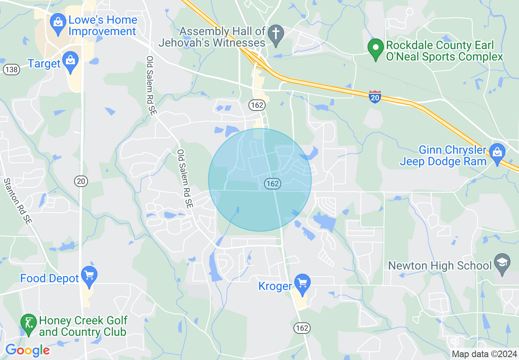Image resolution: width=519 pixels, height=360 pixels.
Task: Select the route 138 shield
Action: [11, 69]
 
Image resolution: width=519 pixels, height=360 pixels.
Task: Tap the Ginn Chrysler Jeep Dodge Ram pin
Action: [497, 153]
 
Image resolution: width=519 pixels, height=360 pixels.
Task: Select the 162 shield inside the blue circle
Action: [272, 184]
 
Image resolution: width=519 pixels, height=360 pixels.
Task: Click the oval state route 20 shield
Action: [81, 180]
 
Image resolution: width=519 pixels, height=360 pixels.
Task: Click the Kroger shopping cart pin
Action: [302, 283]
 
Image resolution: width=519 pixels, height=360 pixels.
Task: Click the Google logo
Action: [27, 350]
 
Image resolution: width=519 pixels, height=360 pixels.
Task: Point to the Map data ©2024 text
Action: [484, 354]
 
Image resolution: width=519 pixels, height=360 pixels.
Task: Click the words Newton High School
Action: [440, 266]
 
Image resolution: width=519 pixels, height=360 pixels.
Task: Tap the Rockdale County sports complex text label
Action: [444, 51]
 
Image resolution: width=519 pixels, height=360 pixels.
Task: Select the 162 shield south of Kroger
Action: [302, 328]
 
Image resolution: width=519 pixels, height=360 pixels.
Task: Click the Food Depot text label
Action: [50, 279]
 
